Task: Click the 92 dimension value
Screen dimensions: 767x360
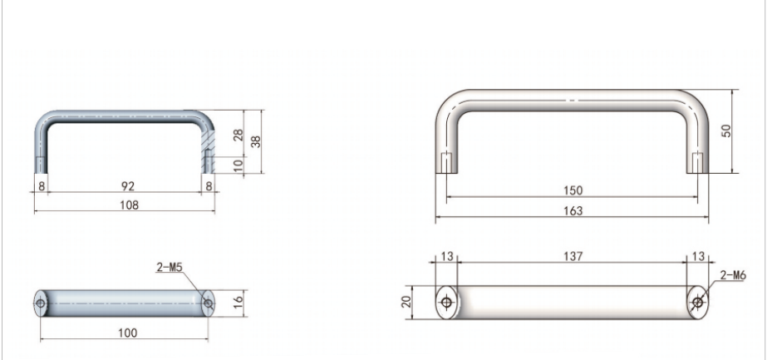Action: click(128, 186)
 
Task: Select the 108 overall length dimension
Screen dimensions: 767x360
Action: click(129, 205)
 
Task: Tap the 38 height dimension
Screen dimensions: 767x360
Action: click(255, 141)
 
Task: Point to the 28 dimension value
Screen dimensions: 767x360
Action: click(238, 135)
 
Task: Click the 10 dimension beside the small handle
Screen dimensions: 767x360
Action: click(238, 165)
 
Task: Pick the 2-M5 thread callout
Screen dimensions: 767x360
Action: click(170, 267)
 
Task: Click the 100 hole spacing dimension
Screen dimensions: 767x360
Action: click(128, 333)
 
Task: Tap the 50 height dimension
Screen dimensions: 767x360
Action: click(726, 131)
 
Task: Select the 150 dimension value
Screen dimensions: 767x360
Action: click(573, 190)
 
